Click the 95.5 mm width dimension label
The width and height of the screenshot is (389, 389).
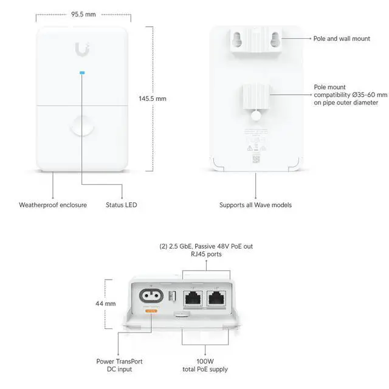[84, 13]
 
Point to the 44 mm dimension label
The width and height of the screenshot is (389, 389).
[106, 303]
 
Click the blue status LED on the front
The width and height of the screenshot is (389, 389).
[83, 75]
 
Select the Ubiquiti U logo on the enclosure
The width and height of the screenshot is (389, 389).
[83, 48]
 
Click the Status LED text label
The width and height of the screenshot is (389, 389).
[122, 205]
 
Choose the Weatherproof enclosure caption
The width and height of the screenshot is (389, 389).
[53, 205]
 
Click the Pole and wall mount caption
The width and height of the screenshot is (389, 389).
[342, 38]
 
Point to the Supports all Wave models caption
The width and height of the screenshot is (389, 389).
[255, 205]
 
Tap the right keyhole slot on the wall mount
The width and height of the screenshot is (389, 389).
[274, 38]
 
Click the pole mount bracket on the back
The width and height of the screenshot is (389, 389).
[255, 97]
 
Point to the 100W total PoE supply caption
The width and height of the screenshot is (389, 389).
[205, 365]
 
